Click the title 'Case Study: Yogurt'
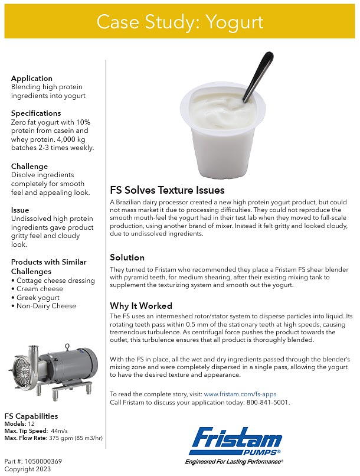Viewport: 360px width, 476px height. [179, 22]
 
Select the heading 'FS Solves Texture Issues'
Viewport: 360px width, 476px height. [167, 190]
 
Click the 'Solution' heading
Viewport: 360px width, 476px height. [127, 257]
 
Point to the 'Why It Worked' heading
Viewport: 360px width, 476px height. [141, 306]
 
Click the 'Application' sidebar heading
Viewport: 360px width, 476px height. [32, 78]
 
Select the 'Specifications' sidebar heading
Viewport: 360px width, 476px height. [36, 113]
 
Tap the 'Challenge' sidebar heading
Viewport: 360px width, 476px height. [30, 167]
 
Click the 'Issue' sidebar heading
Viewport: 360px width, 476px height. [20, 210]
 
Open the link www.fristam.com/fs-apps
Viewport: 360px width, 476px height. [240, 394]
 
